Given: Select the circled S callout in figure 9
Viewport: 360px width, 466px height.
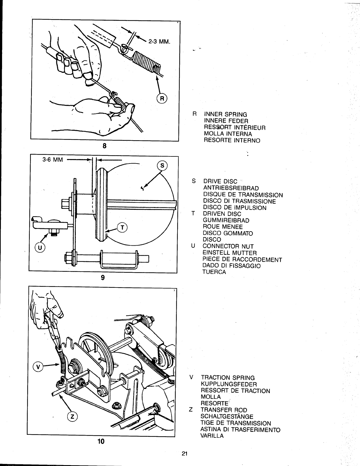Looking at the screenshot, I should click(x=162, y=166).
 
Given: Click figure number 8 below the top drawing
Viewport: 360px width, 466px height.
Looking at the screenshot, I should click(x=104, y=146).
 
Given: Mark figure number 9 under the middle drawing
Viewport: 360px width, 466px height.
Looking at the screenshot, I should click(x=103, y=277).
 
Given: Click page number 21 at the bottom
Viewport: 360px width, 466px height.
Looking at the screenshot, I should click(x=185, y=454).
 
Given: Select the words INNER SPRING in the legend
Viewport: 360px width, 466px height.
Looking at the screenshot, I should click(x=226, y=114).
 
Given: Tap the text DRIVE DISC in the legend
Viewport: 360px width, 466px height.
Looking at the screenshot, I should click(x=220, y=181).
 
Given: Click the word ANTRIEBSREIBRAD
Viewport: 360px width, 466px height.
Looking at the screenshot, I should click(x=231, y=188).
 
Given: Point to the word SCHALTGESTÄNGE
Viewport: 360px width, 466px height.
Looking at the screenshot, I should click(x=227, y=417).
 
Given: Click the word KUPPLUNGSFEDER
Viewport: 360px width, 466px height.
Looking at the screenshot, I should click(x=229, y=384).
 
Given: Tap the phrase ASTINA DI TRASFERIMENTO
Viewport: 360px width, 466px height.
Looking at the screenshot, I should click(x=240, y=429).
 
